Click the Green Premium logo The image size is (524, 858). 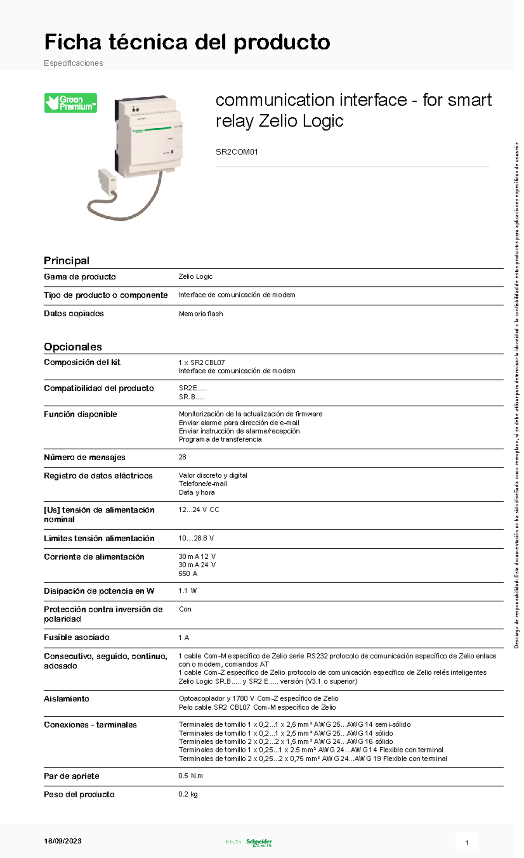(x=70, y=103)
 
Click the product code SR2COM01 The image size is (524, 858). (x=237, y=152)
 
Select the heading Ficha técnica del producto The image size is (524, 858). (x=187, y=42)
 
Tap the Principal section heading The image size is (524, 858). (x=66, y=260)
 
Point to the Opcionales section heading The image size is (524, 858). (x=72, y=347)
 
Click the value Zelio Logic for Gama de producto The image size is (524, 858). (x=195, y=277)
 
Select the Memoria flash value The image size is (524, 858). (x=200, y=314)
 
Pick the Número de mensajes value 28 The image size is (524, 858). (x=182, y=457)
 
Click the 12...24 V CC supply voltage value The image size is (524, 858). (x=199, y=509)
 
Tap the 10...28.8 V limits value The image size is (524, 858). (x=196, y=538)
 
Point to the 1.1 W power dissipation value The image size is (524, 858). (x=187, y=591)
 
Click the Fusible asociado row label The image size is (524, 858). (x=76, y=637)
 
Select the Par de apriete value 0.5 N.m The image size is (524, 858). (x=190, y=776)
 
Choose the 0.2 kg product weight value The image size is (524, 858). (x=188, y=794)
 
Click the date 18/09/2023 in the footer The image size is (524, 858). (x=62, y=841)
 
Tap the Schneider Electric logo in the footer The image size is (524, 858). (x=259, y=842)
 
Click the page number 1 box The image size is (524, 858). (x=466, y=842)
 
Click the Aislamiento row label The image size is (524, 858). (x=66, y=698)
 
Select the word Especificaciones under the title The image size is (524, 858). (x=73, y=63)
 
